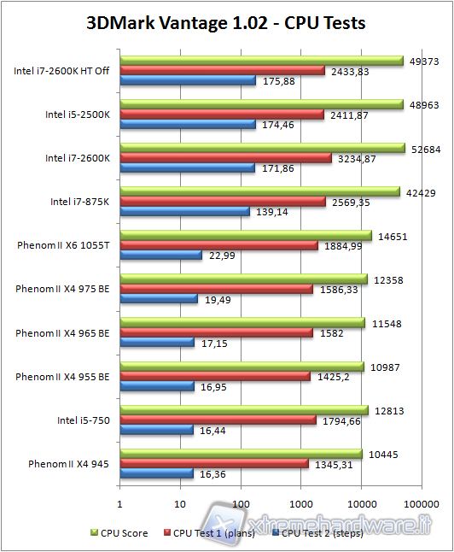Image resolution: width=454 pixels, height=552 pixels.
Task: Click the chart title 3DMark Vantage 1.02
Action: (x=226, y=23)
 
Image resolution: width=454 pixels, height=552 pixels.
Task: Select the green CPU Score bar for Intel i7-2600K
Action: (x=263, y=148)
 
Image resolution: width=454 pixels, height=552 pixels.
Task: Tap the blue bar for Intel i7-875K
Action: (x=185, y=211)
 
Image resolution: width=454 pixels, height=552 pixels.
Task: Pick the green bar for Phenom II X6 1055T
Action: (x=246, y=235)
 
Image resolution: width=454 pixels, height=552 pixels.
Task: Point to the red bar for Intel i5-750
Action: (x=218, y=420)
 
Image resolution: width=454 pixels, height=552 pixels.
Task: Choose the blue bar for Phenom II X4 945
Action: (x=157, y=474)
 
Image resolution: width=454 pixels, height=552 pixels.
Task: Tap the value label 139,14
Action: (x=271, y=211)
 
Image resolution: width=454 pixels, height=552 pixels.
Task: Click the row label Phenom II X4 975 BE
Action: (x=62, y=289)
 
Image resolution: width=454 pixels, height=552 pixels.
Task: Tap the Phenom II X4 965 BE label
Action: (x=62, y=332)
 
